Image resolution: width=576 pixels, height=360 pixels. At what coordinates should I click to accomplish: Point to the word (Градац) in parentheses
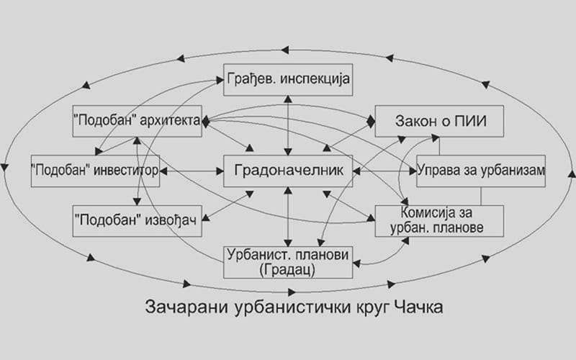click(x=287, y=270)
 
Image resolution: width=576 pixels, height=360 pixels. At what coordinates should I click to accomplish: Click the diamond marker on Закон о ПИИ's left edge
click(x=371, y=121)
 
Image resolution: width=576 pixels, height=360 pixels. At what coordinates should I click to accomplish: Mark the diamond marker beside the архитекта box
click(x=206, y=121)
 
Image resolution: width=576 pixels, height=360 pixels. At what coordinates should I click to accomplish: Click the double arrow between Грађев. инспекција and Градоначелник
click(x=288, y=125)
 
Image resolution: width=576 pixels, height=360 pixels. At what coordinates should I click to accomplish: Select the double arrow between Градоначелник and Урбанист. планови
click(x=288, y=217)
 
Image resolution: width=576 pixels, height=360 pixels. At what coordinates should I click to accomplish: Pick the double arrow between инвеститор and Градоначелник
click(x=192, y=171)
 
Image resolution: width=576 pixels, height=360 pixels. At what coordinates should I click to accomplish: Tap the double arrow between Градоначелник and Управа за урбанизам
click(x=384, y=171)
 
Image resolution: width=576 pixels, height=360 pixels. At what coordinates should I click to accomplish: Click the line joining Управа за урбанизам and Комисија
click(x=481, y=196)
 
